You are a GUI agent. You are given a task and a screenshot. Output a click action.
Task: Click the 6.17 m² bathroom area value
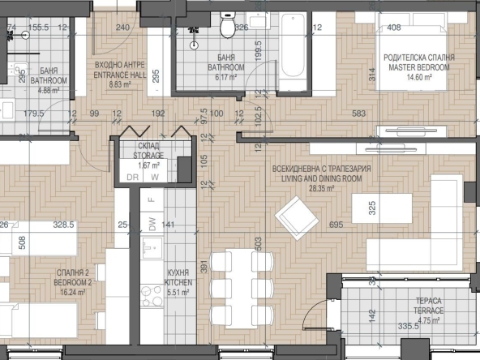pyautogui.click(x=221, y=77)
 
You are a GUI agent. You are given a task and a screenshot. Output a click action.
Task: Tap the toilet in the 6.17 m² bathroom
pyautogui.click(x=227, y=28)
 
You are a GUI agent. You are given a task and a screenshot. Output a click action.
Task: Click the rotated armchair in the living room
pyautogui.click(x=293, y=217)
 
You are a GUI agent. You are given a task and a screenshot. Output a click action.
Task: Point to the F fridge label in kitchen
pyautogui.click(x=150, y=198)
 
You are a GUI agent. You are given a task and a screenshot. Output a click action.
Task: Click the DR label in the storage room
pyautogui.click(x=131, y=176)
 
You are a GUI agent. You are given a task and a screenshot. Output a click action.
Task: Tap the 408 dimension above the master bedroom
pyautogui.click(x=394, y=28)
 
